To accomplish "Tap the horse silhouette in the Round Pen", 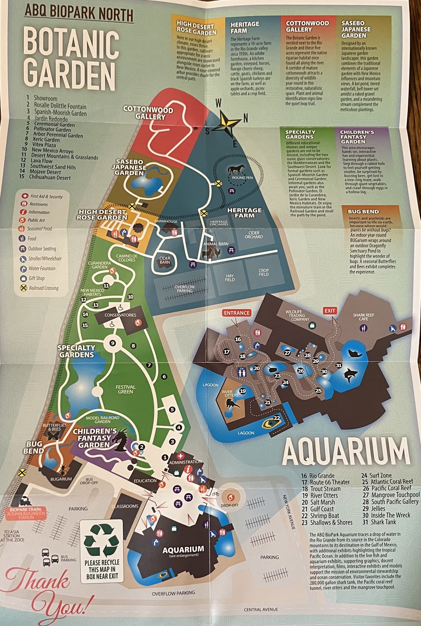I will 236,170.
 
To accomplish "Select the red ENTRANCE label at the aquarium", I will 237,313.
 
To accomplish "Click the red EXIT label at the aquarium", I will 330,311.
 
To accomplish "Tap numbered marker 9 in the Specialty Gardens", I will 113,343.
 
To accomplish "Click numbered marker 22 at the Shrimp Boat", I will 277,418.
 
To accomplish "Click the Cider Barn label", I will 165,260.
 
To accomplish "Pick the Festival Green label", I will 125,389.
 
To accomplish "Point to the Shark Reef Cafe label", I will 363,317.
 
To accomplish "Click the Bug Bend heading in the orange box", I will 363,212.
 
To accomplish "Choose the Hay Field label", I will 230,278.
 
